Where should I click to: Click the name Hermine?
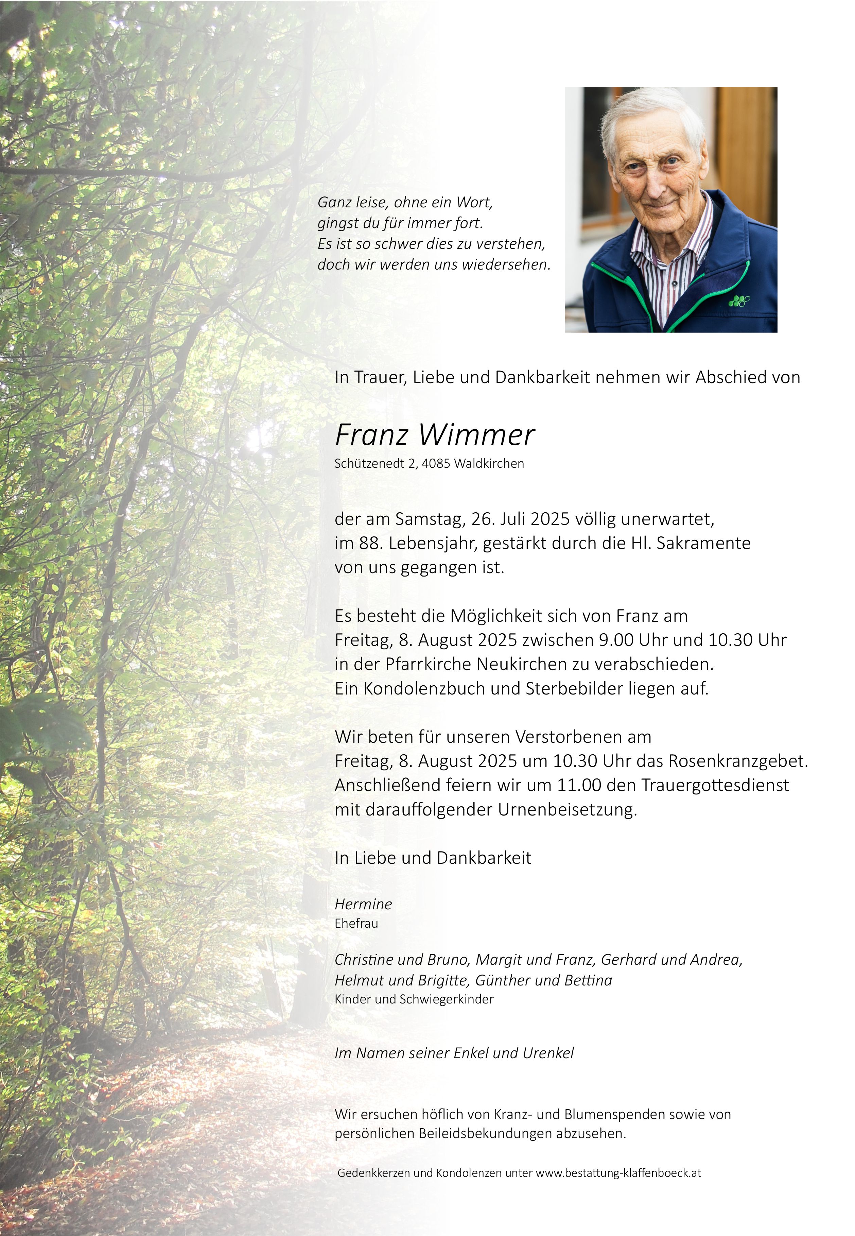coord(363,904)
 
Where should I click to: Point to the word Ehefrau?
coord(356,923)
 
